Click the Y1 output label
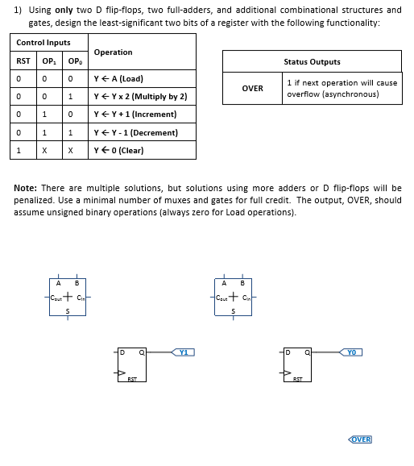coord(184,352)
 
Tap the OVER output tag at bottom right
coord(360,439)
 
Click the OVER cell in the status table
coord(252,88)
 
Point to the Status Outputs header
coord(312,61)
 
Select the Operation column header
coord(114,52)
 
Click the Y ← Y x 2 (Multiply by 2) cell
coord(141,97)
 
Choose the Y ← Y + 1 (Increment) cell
coord(135,114)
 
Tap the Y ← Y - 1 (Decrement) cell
coord(136,132)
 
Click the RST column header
coord(24,61)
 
